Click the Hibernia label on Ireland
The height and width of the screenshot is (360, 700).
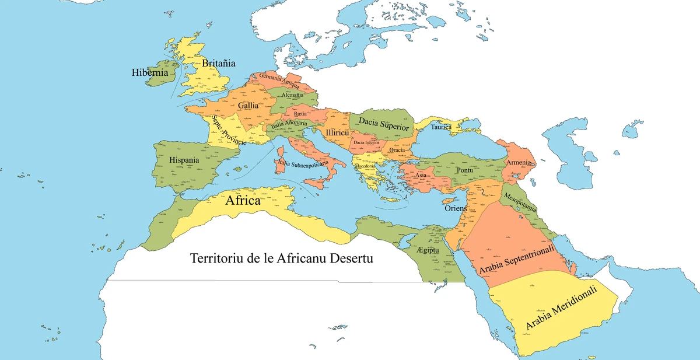click(x=150, y=74)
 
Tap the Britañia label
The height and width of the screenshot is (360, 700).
click(x=219, y=63)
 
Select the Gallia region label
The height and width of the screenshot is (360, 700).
click(x=249, y=106)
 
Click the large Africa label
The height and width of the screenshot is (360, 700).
click(x=243, y=201)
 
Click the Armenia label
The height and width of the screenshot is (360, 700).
click(x=519, y=162)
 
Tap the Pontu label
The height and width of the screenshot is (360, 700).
click(x=465, y=169)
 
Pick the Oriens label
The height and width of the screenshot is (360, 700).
click(x=456, y=208)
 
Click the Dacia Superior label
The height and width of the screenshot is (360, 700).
click(x=385, y=123)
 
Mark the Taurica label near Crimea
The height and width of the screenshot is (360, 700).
click(x=442, y=127)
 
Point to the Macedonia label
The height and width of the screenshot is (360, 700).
click(x=365, y=167)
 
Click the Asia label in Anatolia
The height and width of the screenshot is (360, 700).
click(x=421, y=175)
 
